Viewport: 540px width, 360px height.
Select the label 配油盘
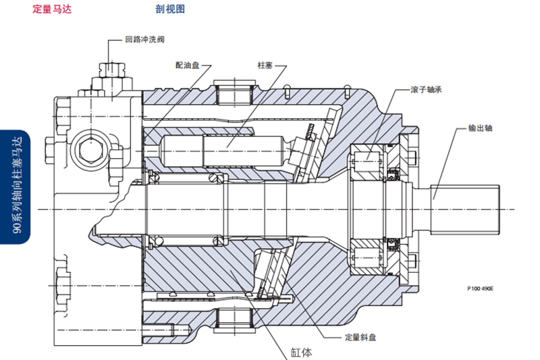pyautogui.click(x=187, y=66)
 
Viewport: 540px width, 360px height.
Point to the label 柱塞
pyautogui.click(x=265, y=66)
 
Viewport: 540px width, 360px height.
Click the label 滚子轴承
pyautogui.click(x=427, y=89)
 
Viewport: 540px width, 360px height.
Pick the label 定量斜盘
pyautogui.click(x=360, y=336)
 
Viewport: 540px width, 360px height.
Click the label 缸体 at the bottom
pyautogui.click(x=302, y=352)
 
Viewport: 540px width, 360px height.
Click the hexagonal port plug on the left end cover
pyautogui.click(x=87, y=147)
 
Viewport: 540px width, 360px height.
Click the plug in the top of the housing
pyautogui.click(x=235, y=91)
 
